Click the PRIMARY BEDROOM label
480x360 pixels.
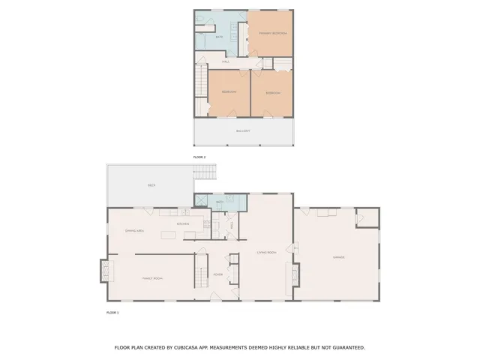click(272, 34)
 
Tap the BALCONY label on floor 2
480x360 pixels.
click(243, 130)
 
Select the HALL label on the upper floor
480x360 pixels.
click(225, 61)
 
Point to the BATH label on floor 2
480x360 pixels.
click(219, 37)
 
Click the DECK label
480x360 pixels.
click(151, 184)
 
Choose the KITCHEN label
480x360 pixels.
click(183, 223)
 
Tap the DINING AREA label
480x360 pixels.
click(135, 231)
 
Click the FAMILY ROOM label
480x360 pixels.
click(153, 278)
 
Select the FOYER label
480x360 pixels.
click(218, 274)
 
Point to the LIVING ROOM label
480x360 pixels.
click(266, 253)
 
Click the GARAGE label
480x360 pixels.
click(338, 257)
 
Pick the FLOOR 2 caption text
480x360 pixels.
click(199, 157)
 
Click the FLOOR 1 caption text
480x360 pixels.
click(112, 312)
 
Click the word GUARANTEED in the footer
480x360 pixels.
click(348, 348)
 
